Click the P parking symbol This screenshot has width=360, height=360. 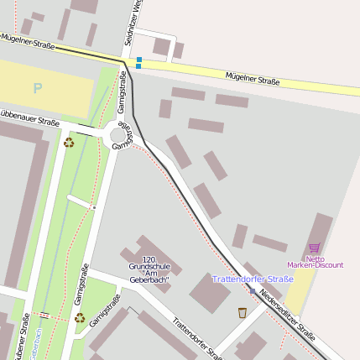[x=37, y=88]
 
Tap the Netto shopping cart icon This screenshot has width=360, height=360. [x=315, y=248]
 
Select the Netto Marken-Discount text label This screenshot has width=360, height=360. [x=316, y=262]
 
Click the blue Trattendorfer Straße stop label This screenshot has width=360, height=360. [x=253, y=279]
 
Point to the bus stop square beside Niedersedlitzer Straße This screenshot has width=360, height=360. [x=252, y=291]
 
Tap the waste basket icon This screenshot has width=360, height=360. [x=243, y=313]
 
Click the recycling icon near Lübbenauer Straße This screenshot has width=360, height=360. [x=69, y=142]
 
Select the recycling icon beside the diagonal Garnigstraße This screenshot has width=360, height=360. [x=80, y=318]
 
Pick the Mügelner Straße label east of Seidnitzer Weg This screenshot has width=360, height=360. [x=252, y=80]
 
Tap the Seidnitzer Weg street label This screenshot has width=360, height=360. [x=130, y=23]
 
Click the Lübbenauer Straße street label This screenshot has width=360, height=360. [x=29, y=117]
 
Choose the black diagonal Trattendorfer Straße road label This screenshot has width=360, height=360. [x=196, y=337]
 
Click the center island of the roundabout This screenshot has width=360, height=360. [x=118, y=135]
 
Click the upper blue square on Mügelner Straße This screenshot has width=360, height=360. [x=139, y=60]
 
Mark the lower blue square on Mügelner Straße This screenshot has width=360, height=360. [x=138, y=66]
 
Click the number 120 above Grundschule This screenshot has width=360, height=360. [x=149, y=259]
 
